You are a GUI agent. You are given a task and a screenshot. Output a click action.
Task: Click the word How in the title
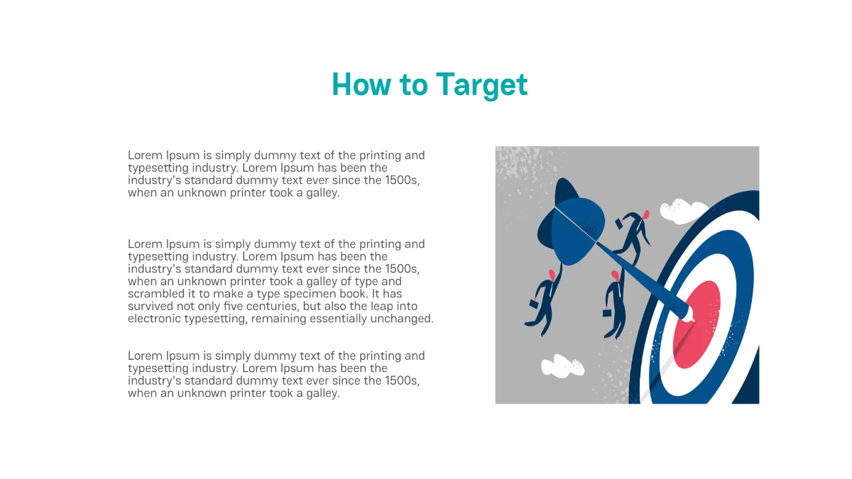click(x=361, y=84)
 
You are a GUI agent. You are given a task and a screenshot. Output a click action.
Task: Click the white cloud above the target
click(x=683, y=210)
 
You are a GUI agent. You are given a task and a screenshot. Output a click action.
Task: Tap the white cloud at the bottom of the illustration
click(x=562, y=365)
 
